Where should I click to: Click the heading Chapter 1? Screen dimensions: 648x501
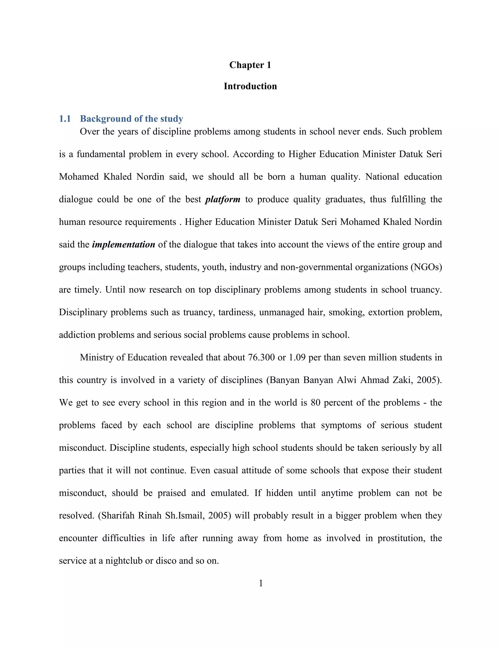250,65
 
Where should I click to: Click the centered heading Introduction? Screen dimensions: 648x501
250,86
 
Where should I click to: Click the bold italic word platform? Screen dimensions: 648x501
223,199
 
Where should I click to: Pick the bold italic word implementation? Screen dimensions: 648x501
124,245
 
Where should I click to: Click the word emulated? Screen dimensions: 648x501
229,493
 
